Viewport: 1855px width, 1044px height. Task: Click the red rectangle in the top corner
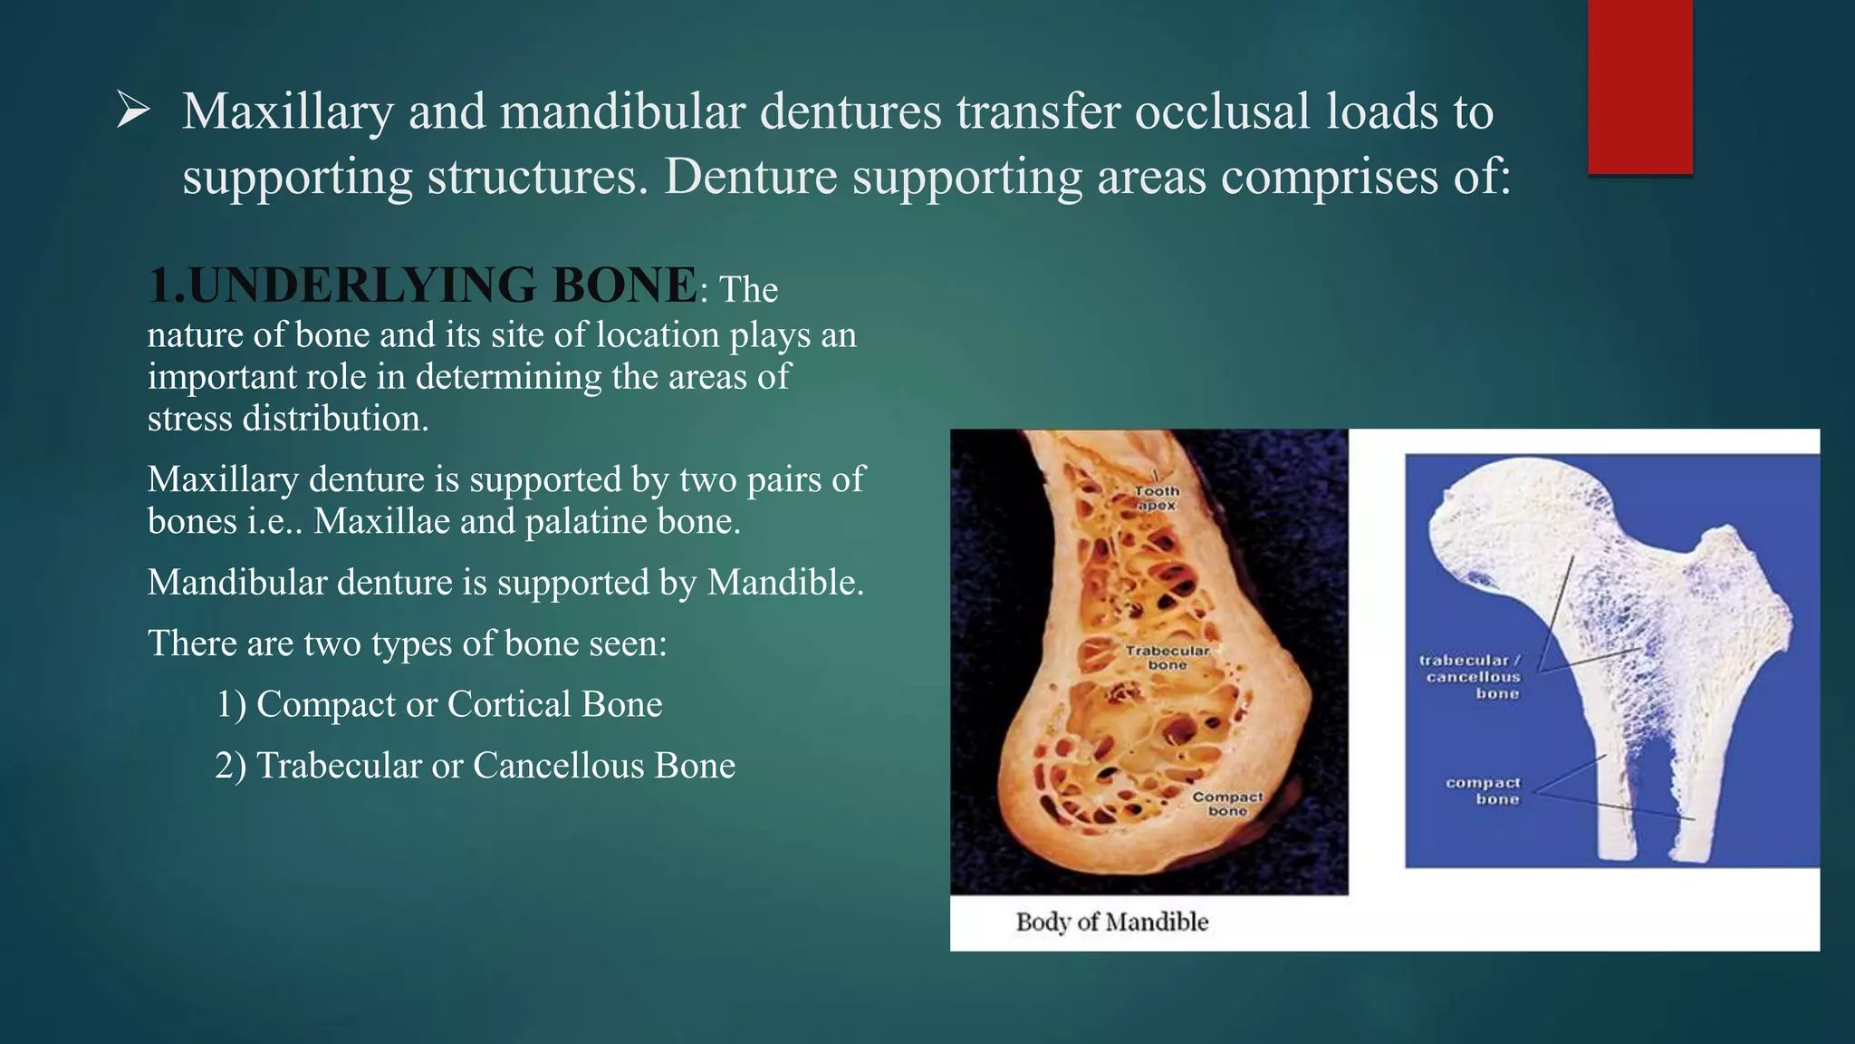point(1639,86)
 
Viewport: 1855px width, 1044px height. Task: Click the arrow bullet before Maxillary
point(133,113)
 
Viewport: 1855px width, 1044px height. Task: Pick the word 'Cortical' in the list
point(508,704)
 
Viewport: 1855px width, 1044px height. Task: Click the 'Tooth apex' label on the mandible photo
point(1157,498)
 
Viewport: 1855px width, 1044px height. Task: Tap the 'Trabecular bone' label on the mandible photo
point(1167,658)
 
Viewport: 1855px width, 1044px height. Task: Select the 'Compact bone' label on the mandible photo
point(1227,804)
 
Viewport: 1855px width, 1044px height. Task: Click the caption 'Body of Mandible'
point(1112,923)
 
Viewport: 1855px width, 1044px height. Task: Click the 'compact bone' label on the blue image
point(1483,790)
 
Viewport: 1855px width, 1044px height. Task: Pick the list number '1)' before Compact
point(231,704)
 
